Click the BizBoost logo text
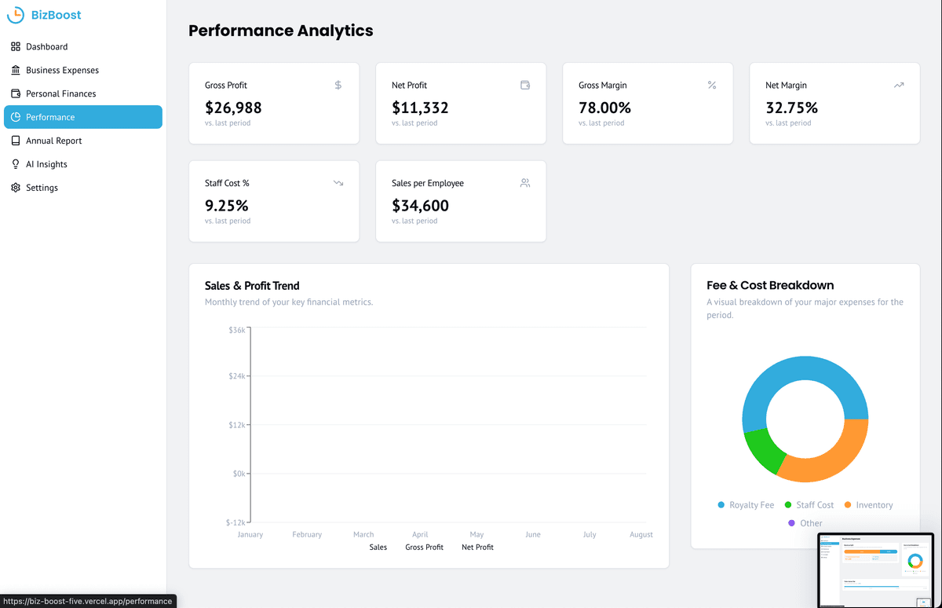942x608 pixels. click(56, 15)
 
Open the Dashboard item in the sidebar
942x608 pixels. click(46, 46)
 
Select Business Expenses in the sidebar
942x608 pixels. click(62, 70)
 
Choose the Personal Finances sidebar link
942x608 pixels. click(60, 93)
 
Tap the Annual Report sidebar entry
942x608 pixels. click(53, 141)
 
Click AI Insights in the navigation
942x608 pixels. click(46, 164)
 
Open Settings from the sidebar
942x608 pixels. click(42, 188)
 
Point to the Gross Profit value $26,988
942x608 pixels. click(233, 108)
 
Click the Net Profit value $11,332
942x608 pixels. click(420, 108)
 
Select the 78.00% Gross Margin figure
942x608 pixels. click(604, 108)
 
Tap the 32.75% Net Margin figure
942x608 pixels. click(791, 108)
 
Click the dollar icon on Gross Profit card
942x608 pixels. click(338, 85)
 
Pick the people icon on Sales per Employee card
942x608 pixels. click(525, 183)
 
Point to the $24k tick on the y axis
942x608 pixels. click(236, 376)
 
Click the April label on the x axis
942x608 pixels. click(420, 534)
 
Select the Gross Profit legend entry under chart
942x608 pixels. click(424, 547)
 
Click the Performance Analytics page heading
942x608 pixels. click(281, 31)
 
